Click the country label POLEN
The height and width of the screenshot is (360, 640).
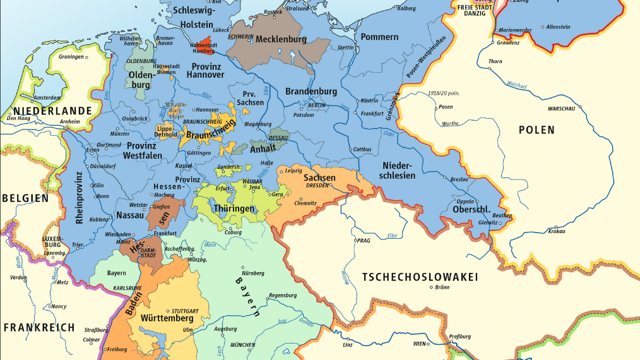click(536, 130)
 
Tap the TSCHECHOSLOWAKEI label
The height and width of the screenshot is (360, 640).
click(420, 277)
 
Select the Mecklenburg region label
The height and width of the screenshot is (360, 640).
click(280, 39)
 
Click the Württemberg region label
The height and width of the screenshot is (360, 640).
click(167, 318)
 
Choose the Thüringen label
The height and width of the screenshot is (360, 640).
click(234, 208)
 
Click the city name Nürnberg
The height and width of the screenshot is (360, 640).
click(254, 272)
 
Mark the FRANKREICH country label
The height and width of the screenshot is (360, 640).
click(39, 328)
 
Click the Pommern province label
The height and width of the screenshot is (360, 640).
click(379, 37)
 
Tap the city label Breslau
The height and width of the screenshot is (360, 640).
click(459, 179)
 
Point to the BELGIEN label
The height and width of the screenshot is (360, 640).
click(25, 198)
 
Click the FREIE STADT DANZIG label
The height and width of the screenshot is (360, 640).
click(473, 10)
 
